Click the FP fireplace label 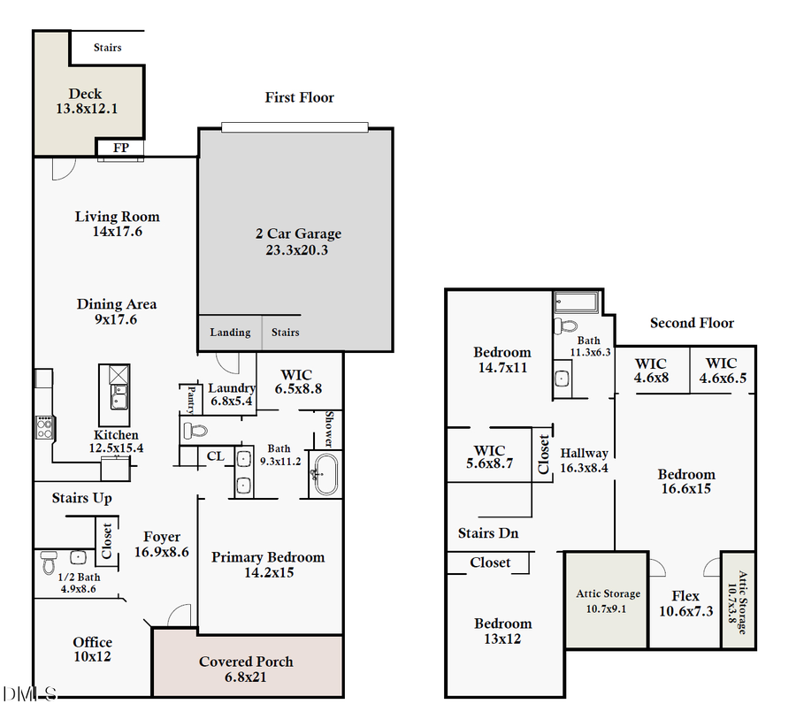tap(120, 148)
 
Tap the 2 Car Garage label tap(298, 234)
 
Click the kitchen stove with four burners tap(43, 427)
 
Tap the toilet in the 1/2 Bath tap(49, 562)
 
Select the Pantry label tap(189, 399)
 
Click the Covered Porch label tap(246, 662)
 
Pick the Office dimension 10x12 tap(93, 656)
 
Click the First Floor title tap(299, 97)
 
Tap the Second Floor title tap(692, 323)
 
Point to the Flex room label tap(685, 596)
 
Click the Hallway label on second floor tap(584, 454)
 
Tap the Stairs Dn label tap(488, 533)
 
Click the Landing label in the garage tap(230, 333)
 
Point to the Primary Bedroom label tap(268, 557)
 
